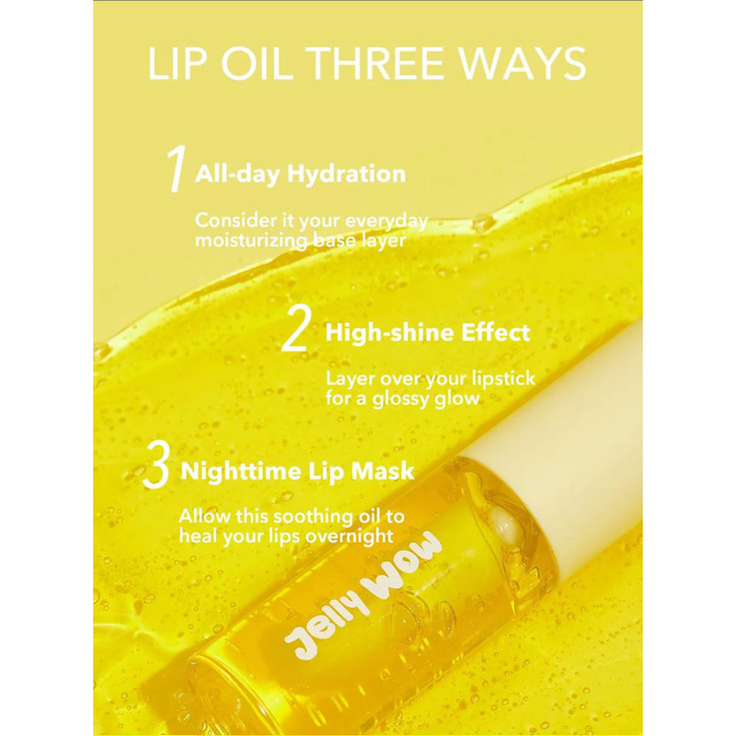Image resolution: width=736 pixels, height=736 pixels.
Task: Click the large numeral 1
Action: (x=177, y=168)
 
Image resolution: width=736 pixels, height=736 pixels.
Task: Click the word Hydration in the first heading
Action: (x=347, y=174)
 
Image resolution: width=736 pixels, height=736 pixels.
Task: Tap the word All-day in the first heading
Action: (x=238, y=174)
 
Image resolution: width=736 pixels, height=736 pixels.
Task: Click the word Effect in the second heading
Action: (x=495, y=332)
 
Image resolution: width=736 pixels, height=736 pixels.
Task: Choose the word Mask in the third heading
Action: (x=383, y=471)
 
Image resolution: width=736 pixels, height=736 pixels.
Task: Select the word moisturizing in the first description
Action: (x=251, y=241)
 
